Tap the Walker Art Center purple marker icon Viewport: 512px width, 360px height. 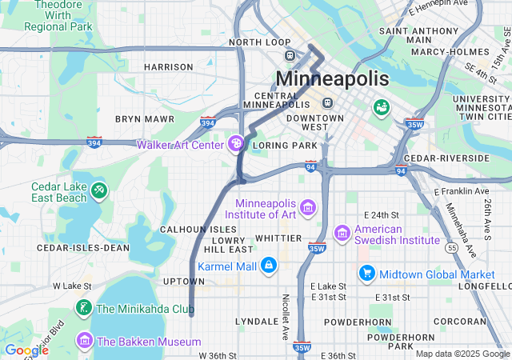tap(236, 144)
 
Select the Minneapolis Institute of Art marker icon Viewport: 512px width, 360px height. tap(308, 208)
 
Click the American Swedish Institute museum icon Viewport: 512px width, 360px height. tap(342, 233)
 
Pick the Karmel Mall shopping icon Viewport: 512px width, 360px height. tap(268, 265)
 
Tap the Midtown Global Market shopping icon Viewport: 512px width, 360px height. tap(367, 274)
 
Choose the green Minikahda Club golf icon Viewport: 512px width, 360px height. tap(83, 308)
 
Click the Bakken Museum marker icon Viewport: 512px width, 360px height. tap(83, 342)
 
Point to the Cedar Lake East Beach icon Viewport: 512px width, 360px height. tap(99, 190)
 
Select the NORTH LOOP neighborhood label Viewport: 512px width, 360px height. tap(259, 42)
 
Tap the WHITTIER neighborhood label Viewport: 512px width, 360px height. tap(278, 238)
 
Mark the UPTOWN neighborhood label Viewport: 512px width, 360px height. tap(184, 282)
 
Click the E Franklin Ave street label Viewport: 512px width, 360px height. tap(461, 192)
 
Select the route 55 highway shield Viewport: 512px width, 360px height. tap(453, 249)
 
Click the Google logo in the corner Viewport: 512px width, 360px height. tap(26, 350)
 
